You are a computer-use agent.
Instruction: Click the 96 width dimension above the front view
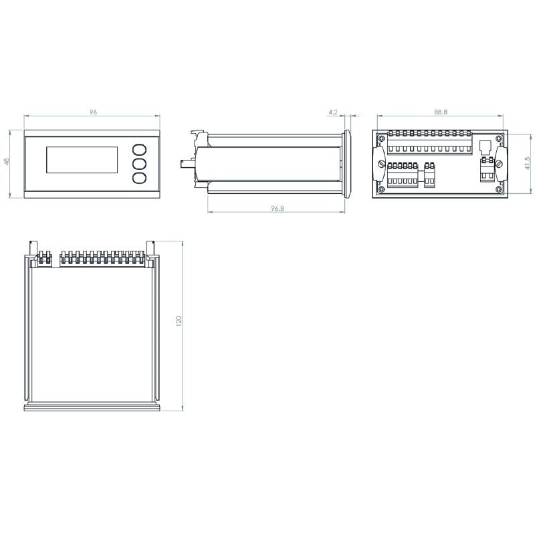click(x=93, y=112)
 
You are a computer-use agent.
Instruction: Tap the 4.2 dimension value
click(x=334, y=112)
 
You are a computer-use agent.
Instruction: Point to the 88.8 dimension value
click(x=440, y=112)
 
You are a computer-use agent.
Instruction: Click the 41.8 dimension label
click(x=527, y=163)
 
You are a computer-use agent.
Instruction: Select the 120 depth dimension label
click(x=179, y=322)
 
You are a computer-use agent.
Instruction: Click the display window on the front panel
click(x=82, y=160)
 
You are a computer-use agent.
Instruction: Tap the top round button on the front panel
click(x=139, y=149)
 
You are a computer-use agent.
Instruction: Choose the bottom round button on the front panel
click(x=139, y=178)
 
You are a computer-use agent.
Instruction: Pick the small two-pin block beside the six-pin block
click(x=430, y=175)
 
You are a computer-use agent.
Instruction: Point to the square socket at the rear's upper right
click(x=486, y=146)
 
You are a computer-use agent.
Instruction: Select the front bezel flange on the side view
click(x=348, y=164)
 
